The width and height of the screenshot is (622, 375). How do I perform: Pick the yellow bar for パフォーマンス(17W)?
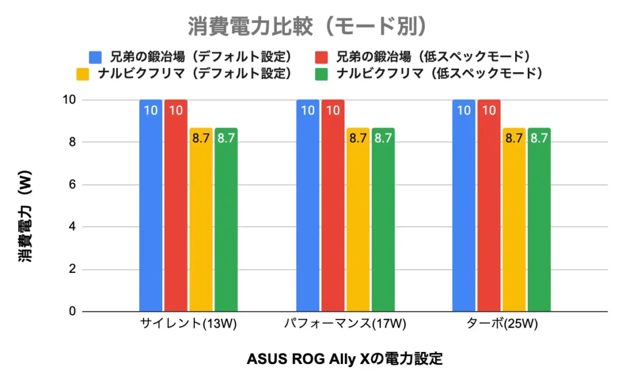click(358, 219)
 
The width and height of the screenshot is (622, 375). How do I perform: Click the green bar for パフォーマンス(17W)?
click(383, 219)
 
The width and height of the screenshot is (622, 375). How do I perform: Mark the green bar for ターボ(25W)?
click(539, 219)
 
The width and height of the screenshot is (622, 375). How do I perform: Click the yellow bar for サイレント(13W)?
click(201, 219)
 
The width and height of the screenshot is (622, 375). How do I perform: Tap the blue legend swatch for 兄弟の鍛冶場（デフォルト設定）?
click(96, 57)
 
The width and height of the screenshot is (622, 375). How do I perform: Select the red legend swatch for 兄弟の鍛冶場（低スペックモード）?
click(323, 57)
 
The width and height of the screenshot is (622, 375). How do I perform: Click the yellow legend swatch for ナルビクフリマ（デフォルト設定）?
click(83, 74)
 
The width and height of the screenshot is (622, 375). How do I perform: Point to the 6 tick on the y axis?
click(71, 185)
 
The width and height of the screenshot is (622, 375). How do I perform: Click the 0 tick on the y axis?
click(71, 312)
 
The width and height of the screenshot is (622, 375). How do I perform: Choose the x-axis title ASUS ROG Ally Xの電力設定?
click(344, 359)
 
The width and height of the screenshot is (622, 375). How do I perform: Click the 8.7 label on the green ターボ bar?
click(539, 138)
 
